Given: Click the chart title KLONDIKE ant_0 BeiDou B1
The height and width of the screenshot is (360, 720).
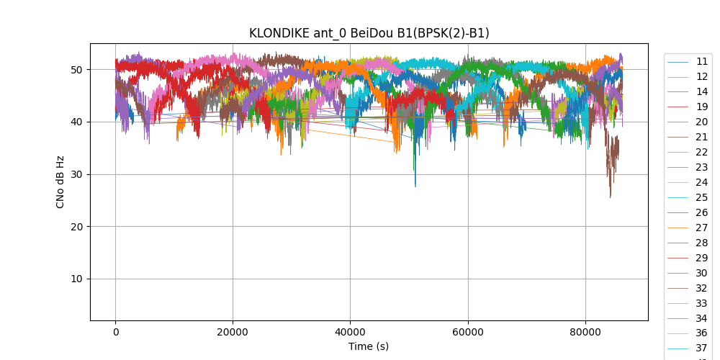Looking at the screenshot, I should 369,33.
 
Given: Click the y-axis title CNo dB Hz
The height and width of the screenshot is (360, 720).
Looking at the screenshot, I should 60,182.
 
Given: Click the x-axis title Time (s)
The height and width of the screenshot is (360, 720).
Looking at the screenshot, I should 369,346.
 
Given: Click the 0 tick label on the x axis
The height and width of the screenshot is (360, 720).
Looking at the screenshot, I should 115,332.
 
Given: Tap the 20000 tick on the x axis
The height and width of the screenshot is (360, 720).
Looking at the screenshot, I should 233,332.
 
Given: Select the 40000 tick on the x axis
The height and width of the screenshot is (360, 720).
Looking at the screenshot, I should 350,332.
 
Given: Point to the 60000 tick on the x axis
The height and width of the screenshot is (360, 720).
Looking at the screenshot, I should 467,332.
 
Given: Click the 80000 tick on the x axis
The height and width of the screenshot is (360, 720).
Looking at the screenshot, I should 585,332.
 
